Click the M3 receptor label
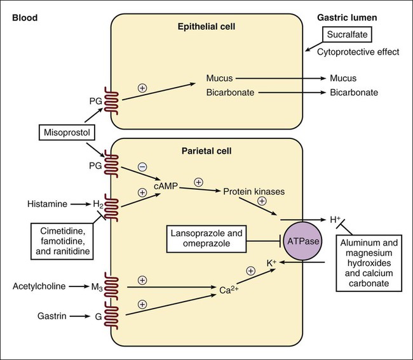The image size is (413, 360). pos(97,287)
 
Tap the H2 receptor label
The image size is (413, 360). pos(98,204)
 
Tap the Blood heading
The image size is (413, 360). pos(24,13)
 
